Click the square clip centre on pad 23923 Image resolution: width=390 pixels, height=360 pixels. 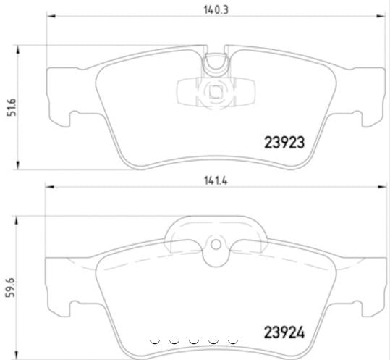(x=214, y=93)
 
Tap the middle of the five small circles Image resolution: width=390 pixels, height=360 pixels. (x=193, y=339)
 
